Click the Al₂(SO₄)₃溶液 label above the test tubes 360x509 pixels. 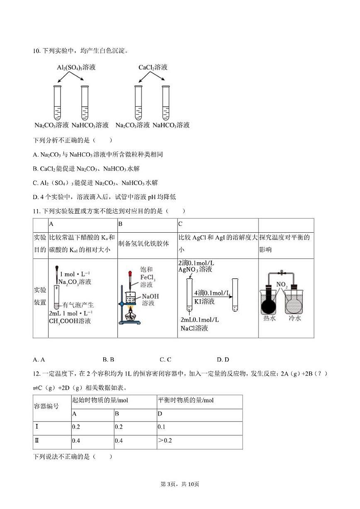76,67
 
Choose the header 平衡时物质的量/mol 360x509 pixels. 186,400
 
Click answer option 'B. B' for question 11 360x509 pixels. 108,360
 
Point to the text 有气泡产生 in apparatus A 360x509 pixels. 78,305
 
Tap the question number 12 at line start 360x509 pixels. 36,374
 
